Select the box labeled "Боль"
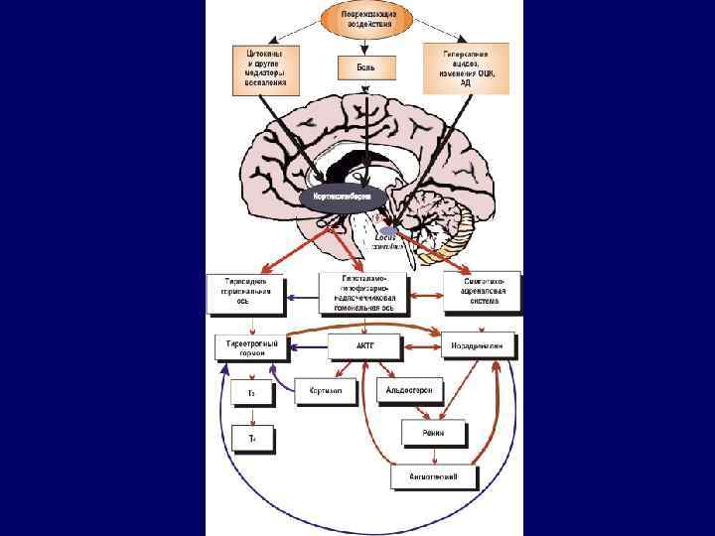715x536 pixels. click(366, 67)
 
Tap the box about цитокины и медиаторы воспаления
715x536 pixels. click(265, 68)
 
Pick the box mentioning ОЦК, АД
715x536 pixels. click(466, 68)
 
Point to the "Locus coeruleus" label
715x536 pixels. click(386, 241)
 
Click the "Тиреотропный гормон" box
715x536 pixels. click(251, 347)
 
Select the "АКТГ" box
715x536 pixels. click(364, 346)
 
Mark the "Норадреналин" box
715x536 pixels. click(478, 346)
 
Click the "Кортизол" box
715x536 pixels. click(325, 391)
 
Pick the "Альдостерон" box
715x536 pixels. click(410, 390)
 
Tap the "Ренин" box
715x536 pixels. click(434, 433)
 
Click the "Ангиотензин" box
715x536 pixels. click(436, 477)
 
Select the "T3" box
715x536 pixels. click(252, 394)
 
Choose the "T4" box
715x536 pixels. click(252, 437)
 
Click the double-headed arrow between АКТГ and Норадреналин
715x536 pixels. click(421, 346)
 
